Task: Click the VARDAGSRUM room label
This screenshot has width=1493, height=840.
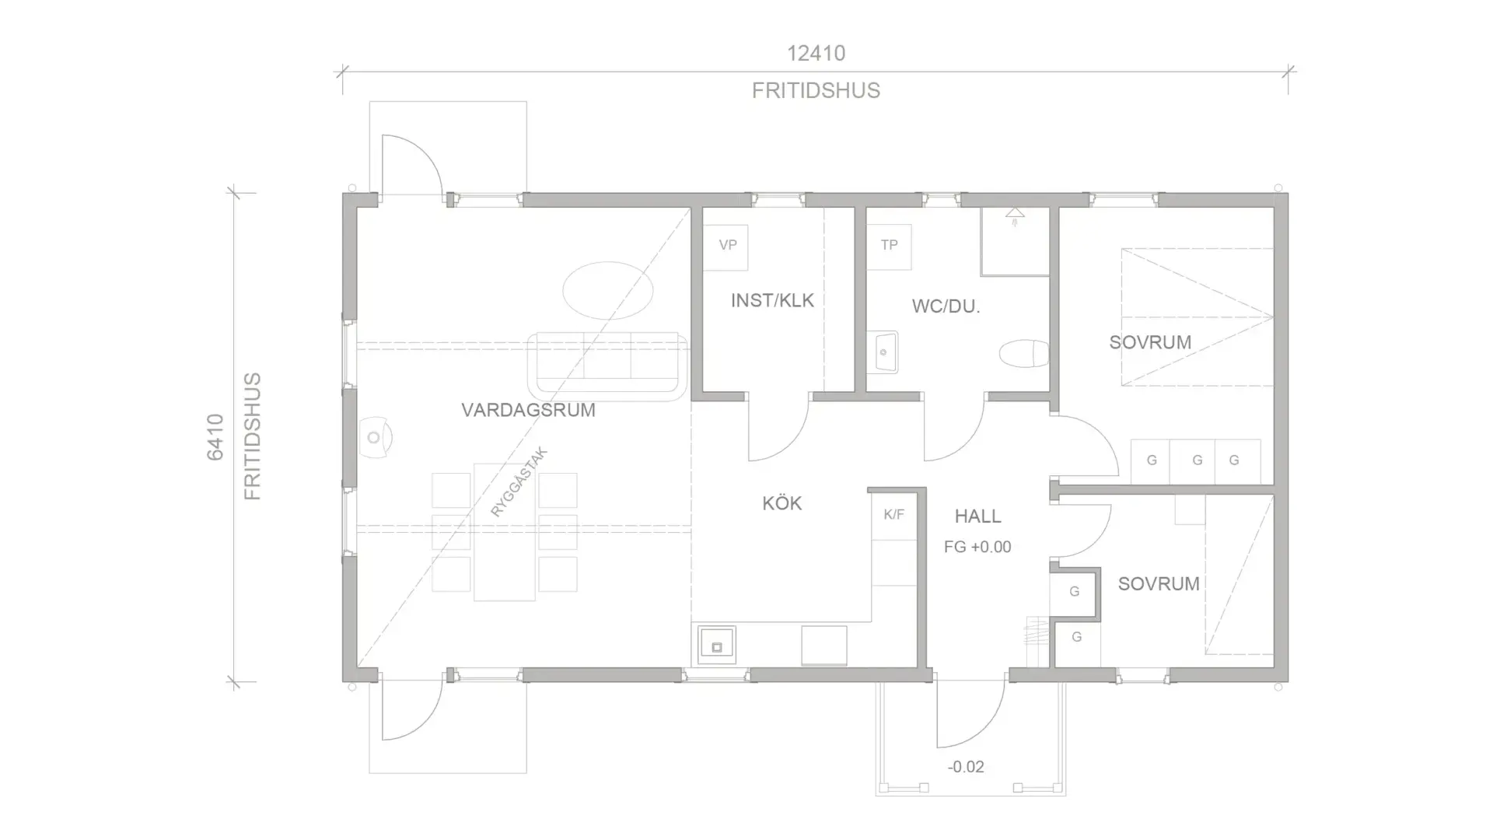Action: (x=528, y=410)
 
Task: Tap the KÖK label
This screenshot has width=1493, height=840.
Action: (x=781, y=503)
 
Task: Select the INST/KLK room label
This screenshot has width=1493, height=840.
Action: (x=772, y=300)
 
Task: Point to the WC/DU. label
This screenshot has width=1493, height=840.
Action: (x=946, y=306)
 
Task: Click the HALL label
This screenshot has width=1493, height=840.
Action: (x=977, y=516)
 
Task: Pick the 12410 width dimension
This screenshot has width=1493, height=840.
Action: (x=816, y=53)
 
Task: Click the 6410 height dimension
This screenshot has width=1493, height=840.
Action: (x=215, y=437)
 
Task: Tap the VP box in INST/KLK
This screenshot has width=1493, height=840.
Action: (x=726, y=247)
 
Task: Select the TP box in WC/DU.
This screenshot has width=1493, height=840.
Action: (x=889, y=247)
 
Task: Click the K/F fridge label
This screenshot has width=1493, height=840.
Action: (x=893, y=514)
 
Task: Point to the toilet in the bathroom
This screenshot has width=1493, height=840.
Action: (x=1023, y=354)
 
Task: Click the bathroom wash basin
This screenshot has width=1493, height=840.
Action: (x=883, y=352)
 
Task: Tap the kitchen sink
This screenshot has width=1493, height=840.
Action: (x=716, y=646)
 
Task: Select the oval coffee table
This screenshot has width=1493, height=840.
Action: (x=607, y=290)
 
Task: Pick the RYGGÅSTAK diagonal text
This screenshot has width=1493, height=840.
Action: (x=519, y=482)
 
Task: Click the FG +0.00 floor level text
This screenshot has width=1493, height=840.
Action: (x=977, y=547)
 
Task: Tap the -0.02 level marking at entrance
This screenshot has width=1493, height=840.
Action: (x=966, y=767)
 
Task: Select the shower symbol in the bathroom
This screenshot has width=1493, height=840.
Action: (x=1014, y=215)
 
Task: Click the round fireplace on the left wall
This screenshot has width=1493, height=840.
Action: (x=374, y=437)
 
